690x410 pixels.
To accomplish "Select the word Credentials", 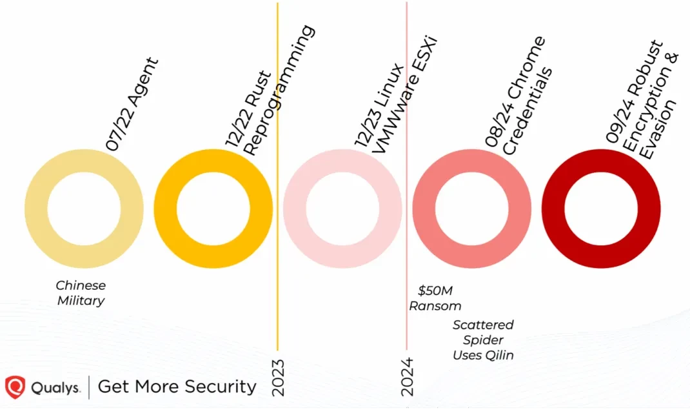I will pyautogui.click(x=528, y=114).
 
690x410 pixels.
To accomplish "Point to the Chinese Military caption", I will pyautogui.click(x=81, y=292).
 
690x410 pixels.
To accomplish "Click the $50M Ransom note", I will pyautogui.click(x=435, y=298).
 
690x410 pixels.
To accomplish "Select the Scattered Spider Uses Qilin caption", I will pyautogui.click(x=483, y=340).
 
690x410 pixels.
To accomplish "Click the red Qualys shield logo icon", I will pyautogui.click(x=15, y=387).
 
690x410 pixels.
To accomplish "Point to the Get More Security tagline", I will pyautogui.click(x=177, y=387).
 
